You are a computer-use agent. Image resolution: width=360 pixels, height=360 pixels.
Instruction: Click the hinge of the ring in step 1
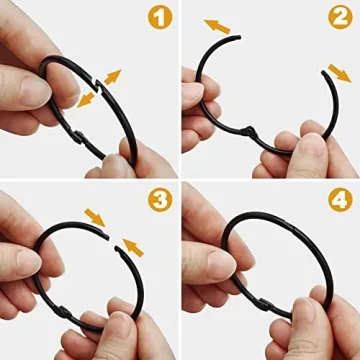[x=93, y=144]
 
